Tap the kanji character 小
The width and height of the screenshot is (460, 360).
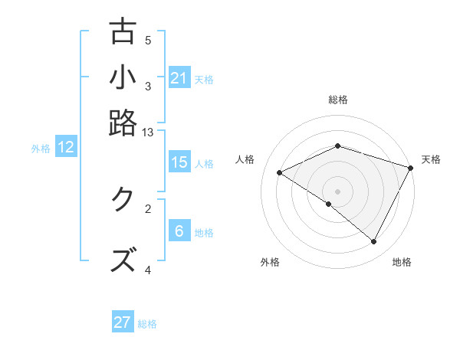pyautogui.click(x=123, y=77)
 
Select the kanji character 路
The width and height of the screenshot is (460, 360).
pyautogui.click(x=123, y=123)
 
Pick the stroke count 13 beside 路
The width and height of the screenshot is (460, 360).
pyautogui.click(x=148, y=133)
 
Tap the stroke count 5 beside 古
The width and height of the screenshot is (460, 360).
pyautogui.click(x=148, y=41)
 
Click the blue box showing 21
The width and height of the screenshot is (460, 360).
pyautogui.click(x=179, y=77)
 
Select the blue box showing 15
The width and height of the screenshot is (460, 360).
pyautogui.click(x=179, y=162)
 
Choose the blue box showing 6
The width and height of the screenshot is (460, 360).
pyautogui.click(x=179, y=231)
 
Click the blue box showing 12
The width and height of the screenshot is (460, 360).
pyautogui.click(x=66, y=148)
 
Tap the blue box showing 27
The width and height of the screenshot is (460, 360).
pyautogui.click(x=123, y=322)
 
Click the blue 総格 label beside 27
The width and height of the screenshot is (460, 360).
pyautogui.click(x=148, y=324)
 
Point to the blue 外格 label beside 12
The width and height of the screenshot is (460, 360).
pyautogui.click(x=41, y=149)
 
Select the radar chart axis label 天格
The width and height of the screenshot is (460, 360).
pyautogui.click(x=431, y=159)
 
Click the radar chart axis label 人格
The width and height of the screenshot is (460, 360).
pyautogui.click(x=245, y=159)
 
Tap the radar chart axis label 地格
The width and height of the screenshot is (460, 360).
pyautogui.click(x=402, y=263)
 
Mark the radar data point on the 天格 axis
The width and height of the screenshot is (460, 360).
pyautogui.click(x=411, y=168)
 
